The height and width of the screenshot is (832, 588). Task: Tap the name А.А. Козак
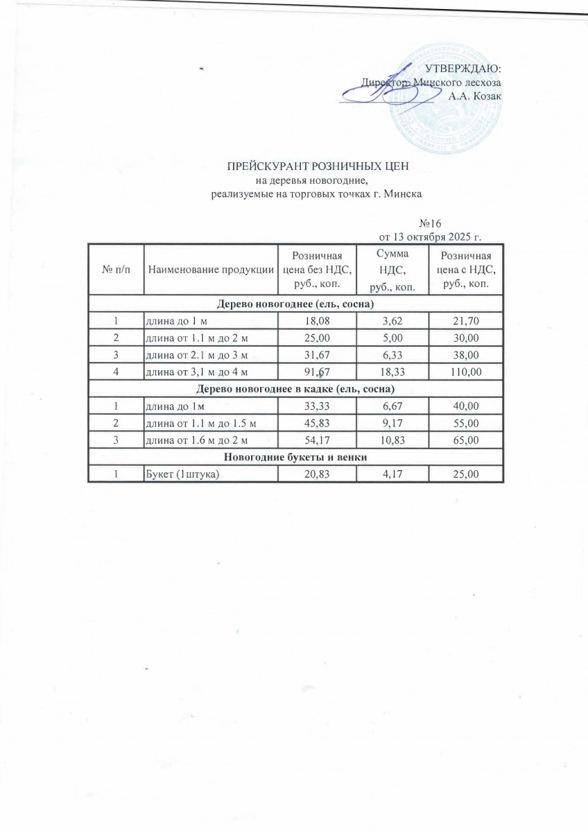point(474,96)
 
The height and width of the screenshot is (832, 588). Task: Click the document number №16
point(431,224)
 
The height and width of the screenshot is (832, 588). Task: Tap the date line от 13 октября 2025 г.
point(430,237)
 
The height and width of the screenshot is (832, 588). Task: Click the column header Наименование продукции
point(210,270)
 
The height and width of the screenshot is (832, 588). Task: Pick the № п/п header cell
point(116,270)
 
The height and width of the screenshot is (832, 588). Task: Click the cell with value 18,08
point(317,321)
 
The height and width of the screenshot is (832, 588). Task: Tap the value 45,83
point(317,422)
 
